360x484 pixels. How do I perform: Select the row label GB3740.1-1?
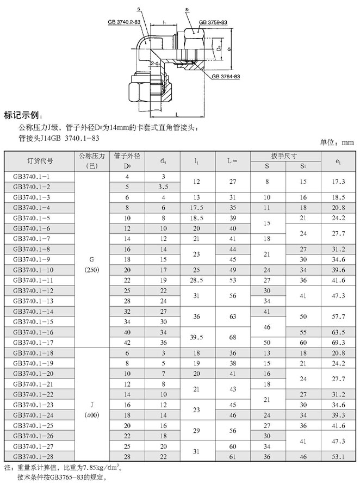[x=32, y=177]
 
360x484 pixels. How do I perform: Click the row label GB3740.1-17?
[x=32, y=342]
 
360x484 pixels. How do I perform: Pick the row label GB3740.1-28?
[x=32, y=455]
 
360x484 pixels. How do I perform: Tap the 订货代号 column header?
[x=40, y=161]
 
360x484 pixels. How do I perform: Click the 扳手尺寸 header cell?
[x=286, y=156]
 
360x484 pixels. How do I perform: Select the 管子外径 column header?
[x=127, y=156]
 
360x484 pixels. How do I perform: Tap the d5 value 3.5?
[x=163, y=187]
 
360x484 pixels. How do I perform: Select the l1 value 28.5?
[x=195, y=280]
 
